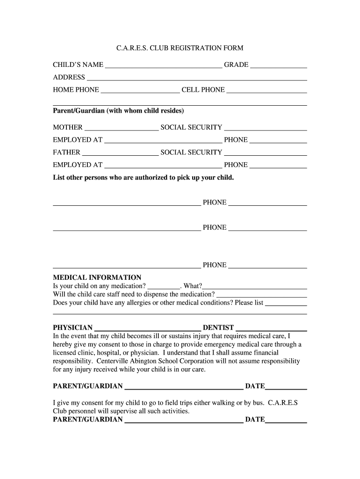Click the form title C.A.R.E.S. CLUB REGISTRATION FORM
[x=180, y=48]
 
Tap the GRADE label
[x=236, y=65]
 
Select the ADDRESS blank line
[x=197, y=80]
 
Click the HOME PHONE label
[x=76, y=90]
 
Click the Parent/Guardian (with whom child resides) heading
[x=118, y=111]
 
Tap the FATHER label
[x=66, y=152]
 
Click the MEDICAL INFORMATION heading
[x=97, y=277]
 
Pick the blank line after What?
[x=255, y=288]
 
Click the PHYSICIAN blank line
[x=147, y=330]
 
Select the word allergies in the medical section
[x=126, y=303]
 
